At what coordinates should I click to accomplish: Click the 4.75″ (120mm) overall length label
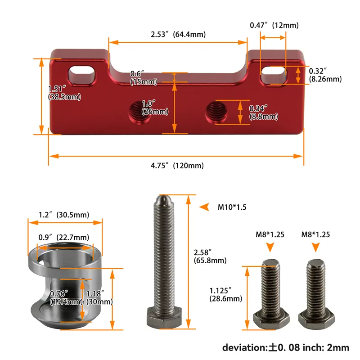pyautogui.click(x=177, y=166)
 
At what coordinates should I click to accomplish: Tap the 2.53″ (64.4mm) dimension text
pyautogui.click(x=178, y=35)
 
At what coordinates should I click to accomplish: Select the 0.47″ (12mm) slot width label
pyautogui.click(x=274, y=25)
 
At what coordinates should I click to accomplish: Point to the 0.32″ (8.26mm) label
pyautogui.click(x=325, y=75)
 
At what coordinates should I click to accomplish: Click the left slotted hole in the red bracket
pyautogui.click(x=82, y=75)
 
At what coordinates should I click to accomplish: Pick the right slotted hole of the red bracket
pyautogui.click(x=274, y=75)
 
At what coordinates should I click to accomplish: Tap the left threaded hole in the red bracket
pyautogui.click(x=139, y=111)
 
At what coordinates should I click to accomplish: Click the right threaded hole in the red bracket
pyautogui.click(x=216, y=112)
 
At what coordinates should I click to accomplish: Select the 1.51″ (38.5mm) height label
pyautogui.click(x=64, y=93)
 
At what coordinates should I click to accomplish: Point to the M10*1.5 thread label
pyautogui.click(x=232, y=207)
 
